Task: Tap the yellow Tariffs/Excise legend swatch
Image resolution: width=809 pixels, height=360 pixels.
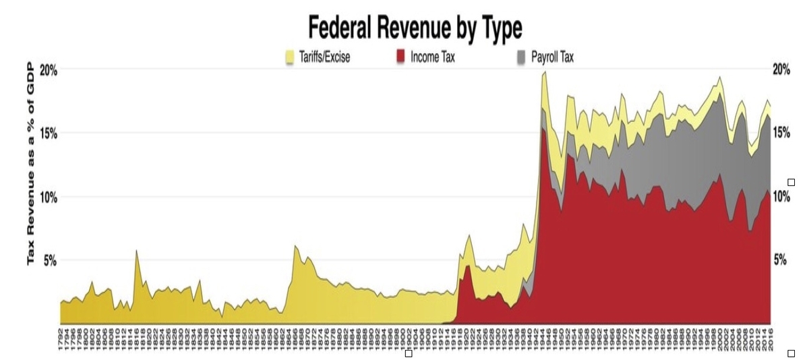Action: (x=291, y=57)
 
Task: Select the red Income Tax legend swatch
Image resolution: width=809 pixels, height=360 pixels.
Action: (x=400, y=57)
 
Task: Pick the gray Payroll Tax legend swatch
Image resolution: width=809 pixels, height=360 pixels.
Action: (x=521, y=57)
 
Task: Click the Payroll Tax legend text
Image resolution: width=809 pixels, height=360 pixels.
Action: (x=552, y=57)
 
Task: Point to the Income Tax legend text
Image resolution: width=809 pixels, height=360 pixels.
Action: (x=432, y=57)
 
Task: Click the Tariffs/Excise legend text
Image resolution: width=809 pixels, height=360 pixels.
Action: (x=324, y=57)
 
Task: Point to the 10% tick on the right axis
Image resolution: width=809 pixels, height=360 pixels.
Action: (x=781, y=197)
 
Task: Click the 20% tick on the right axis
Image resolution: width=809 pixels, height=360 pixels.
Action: (x=781, y=70)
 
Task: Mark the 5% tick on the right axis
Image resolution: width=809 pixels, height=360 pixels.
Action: (x=779, y=260)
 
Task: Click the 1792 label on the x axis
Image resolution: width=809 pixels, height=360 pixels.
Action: (x=62, y=335)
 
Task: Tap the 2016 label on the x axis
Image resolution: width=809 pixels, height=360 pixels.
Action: (x=769, y=335)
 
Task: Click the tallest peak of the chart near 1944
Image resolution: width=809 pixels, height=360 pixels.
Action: (x=545, y=72)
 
